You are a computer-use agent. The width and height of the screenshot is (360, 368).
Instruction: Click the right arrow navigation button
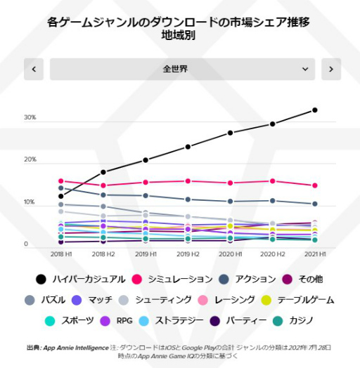coord(330,69)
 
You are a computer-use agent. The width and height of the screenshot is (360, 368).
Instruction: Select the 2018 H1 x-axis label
coord(61,253)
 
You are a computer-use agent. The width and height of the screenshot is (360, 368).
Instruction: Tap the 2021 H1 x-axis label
coord(314,253)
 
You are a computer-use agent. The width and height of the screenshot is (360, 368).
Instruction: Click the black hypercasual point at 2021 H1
coord(314,110)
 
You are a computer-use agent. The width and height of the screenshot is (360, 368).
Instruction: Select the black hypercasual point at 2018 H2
coord(103,172)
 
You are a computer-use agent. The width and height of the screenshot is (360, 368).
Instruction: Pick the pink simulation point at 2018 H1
coord(61,181)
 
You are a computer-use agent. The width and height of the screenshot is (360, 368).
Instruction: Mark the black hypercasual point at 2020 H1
coord(230,133)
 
